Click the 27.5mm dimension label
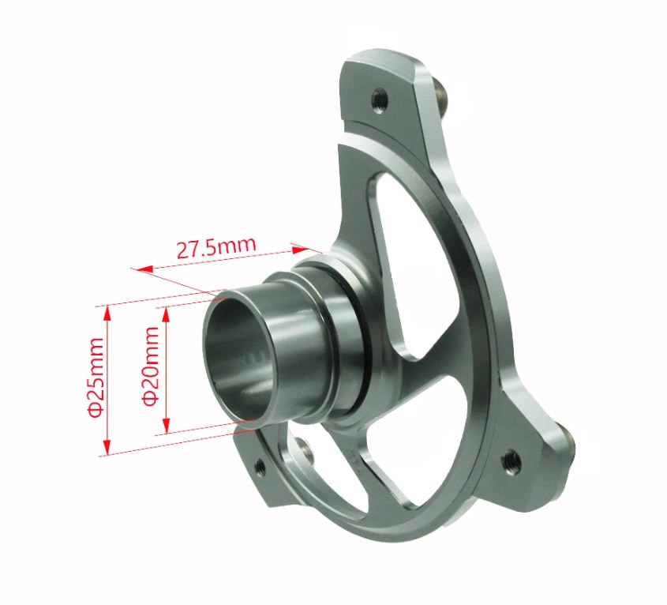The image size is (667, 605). click(x=215, y=247)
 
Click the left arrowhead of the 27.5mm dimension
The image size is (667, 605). click(x=141, y=270)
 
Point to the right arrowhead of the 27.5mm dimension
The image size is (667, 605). click(x=297, y=246)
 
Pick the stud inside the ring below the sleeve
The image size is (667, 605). click(x=304, y=451)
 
